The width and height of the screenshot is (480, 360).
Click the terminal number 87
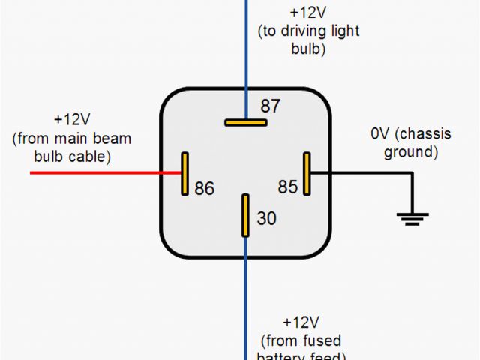pos(270,106)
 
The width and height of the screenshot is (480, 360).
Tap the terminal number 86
pos(204,187)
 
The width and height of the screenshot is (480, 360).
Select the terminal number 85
pos(288,186)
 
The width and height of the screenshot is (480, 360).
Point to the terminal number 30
pos(266,218)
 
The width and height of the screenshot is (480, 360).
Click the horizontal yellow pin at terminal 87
pos(245,121)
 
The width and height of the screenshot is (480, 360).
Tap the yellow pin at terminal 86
pos(184,173)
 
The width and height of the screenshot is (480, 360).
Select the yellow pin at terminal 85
pos(306,173)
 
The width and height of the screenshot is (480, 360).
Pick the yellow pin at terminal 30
pos(244,216)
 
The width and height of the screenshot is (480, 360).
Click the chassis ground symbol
pos(412,218)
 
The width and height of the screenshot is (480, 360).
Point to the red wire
pos(105,173)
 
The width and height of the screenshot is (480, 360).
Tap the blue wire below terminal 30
pos(245,300)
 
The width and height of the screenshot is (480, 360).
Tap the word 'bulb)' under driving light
pos(308,49)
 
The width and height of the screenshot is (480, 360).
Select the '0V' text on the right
pos(381,134)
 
